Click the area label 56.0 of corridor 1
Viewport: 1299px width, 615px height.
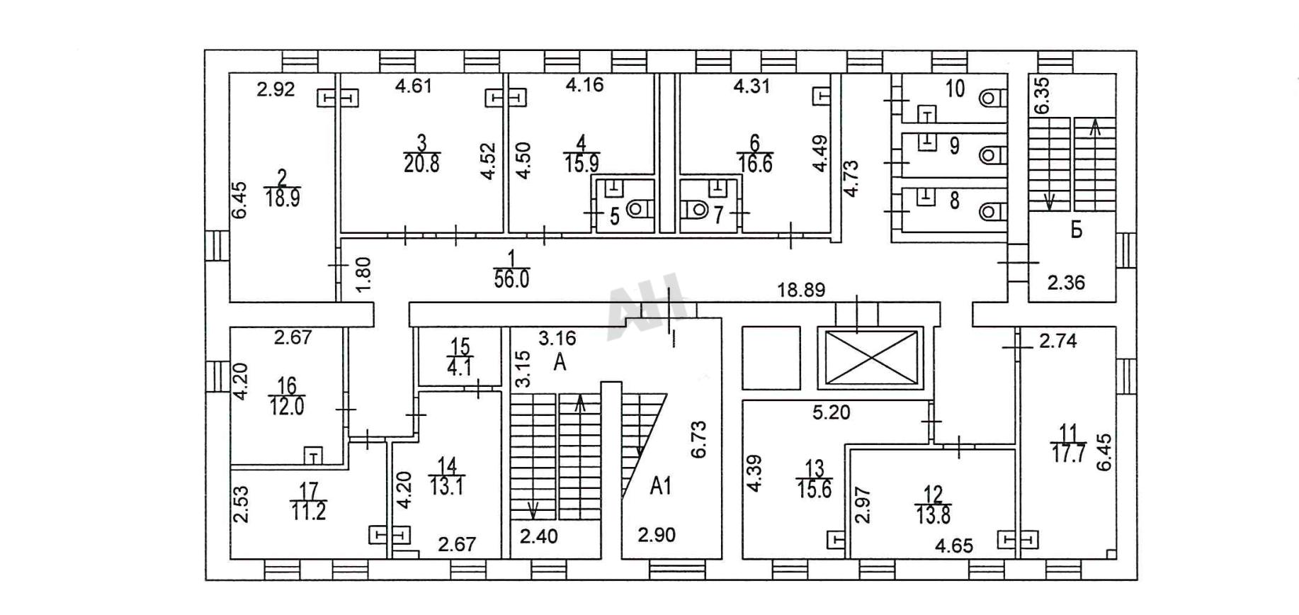tap(511, 279)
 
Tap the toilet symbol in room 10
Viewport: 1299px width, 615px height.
tap(992, 96)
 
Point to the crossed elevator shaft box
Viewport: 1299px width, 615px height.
tap(870, 358)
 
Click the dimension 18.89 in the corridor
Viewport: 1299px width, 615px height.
tap(801, 290)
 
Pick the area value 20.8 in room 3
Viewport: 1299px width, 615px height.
tap(421, 164)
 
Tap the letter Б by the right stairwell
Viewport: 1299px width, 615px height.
tap(1077, 230)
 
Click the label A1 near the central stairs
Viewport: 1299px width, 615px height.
tap(661, 486)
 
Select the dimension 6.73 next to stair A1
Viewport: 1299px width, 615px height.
tap(699, 439)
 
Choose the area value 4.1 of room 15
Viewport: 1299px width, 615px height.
tap(460, 367)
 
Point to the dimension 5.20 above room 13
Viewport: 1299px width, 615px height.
tap(831, 412)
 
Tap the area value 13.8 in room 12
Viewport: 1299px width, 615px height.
tap(934, 515)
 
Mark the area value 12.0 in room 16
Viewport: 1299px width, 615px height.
tap(287, 407)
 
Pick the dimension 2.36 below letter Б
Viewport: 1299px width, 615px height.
tap(1067, 283)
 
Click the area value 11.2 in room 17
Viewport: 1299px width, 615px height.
tap(309, 511)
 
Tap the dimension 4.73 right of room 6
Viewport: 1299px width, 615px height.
tap(851, 179)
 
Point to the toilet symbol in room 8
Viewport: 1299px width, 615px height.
tap(992, 211)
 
